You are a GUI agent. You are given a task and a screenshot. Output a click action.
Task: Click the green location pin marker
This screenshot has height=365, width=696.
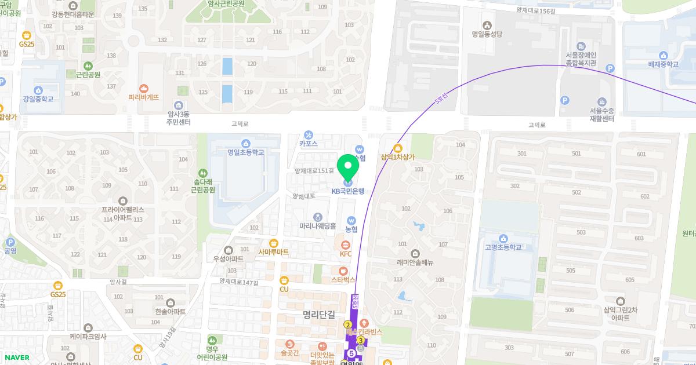pos(348,167)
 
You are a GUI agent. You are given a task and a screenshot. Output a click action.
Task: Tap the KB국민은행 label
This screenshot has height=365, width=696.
pos(348,191)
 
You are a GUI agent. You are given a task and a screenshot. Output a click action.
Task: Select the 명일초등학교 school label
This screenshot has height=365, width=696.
pos(245,152)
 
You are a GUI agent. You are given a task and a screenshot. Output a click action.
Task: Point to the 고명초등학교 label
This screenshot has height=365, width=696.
pos(503,247)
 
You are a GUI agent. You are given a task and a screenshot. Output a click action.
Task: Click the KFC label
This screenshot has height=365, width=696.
pos(346,253)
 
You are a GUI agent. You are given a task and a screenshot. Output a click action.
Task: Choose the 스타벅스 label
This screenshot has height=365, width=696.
pos(343,279)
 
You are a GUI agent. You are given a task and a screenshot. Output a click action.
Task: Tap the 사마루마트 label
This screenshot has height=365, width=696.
pos(274,251)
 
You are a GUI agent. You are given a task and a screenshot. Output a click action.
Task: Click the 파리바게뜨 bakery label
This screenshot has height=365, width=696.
pos(144,97)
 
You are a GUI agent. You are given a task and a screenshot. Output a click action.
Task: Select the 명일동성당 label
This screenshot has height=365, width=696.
pos(487,34)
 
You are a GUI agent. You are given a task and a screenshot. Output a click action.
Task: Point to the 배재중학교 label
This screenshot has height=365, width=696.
pos(663,64)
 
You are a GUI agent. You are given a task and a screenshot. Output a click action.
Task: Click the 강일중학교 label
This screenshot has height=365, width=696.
pos(38,98)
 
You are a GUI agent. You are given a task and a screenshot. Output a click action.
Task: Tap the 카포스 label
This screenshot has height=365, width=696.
pos(308,143)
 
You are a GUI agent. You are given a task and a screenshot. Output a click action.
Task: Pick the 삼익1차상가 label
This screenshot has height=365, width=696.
pos(398,156)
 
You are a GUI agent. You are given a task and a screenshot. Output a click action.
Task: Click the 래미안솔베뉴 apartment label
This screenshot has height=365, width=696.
pos(415,262)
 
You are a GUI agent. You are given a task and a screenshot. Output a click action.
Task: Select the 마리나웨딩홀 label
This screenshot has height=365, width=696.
pos(317,225)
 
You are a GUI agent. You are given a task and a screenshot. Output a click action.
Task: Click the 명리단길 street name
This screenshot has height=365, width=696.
pos(319,315)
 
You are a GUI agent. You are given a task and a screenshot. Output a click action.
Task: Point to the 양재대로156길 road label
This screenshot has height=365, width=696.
pos(536,10)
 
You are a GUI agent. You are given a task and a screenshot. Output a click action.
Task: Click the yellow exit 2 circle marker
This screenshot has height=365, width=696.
pos(348,324)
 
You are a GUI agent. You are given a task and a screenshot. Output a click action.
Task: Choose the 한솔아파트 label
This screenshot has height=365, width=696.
pos(171,311)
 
